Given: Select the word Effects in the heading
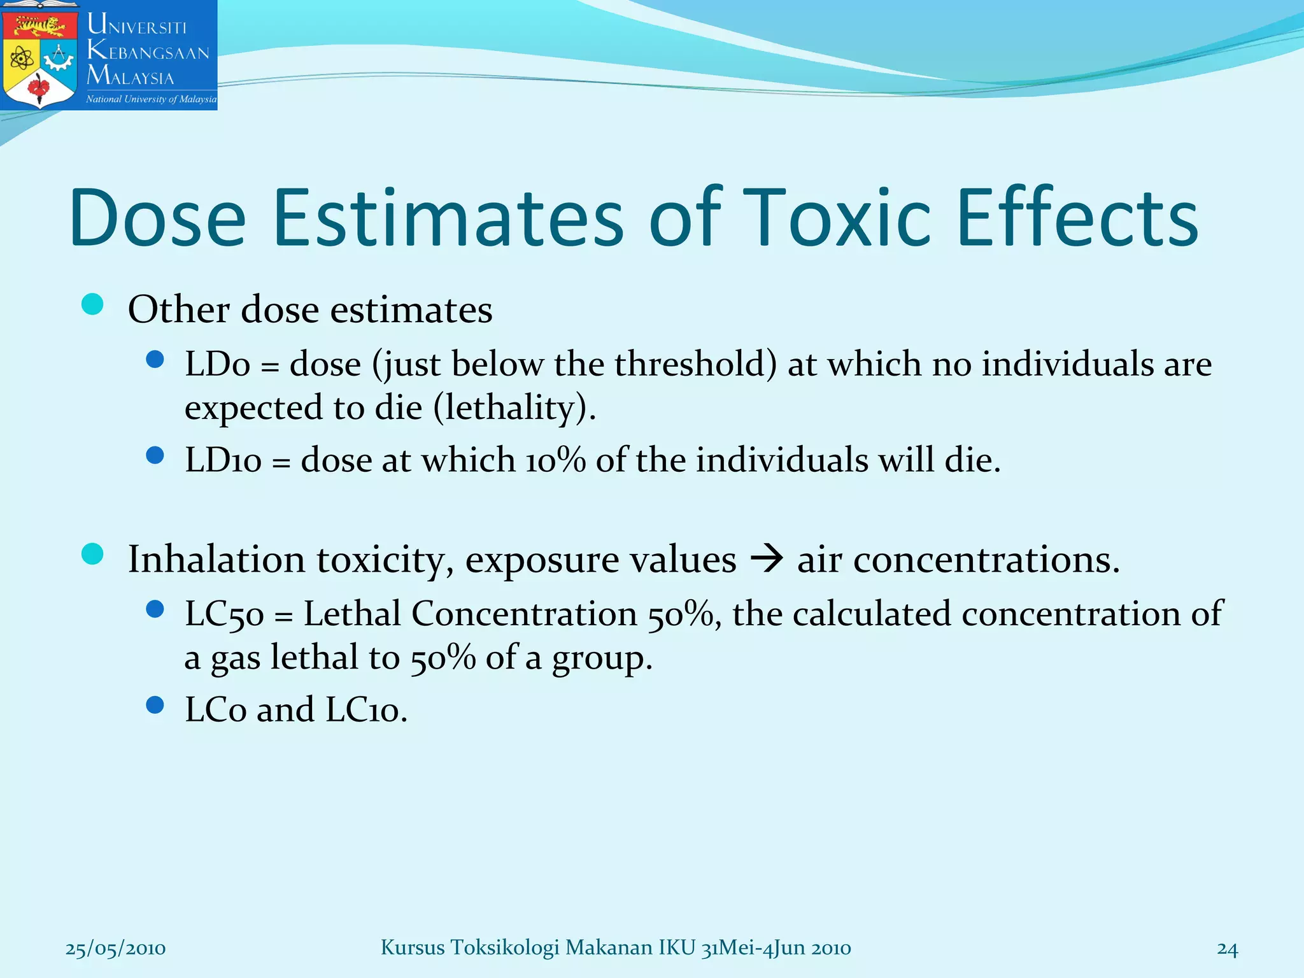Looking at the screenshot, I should [1077, 218].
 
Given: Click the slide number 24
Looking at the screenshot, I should [1227, 949].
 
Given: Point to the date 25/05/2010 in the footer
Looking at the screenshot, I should [115, 949].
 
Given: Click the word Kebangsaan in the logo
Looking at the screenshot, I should [148, 51].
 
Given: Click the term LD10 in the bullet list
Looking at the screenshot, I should [223, 460].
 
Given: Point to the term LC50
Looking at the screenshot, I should [224, 615].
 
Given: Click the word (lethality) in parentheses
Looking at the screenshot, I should [514, 407].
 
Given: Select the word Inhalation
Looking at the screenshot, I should [216, 560].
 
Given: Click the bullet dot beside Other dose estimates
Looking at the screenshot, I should [93, 304].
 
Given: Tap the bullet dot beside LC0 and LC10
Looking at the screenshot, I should [155, 705].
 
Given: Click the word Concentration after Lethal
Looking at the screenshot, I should [524, 614].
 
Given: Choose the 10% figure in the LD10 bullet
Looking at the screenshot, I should [555, 460].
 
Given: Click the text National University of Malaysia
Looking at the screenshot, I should [151, 99].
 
